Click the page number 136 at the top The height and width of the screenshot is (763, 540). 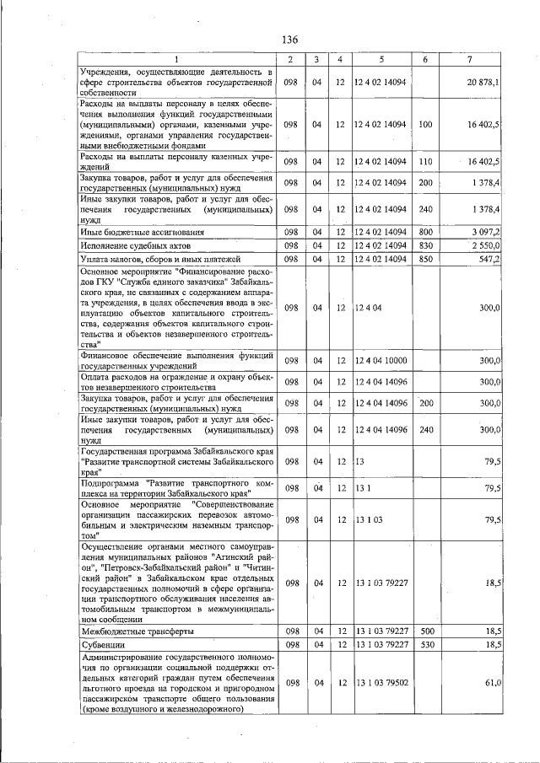click(x=291, y=40)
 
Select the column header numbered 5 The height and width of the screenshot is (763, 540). click(x=381, y=59)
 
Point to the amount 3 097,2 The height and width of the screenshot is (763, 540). click(x=485, y=231)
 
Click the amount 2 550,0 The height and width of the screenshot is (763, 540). click(x=485, y=244)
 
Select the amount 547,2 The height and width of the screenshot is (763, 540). click(x=489, y=258)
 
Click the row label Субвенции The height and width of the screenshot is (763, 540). click(x=102, y=644)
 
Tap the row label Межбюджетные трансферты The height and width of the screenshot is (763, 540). click(x=137, y=631)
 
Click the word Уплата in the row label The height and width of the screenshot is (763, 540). click(x=95, y=258)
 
